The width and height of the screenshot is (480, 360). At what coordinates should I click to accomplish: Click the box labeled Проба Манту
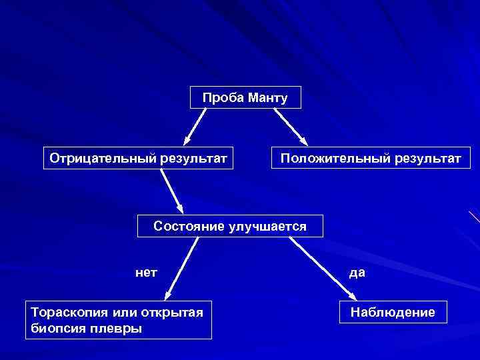245,98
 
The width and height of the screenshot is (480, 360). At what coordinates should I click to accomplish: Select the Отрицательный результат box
139,158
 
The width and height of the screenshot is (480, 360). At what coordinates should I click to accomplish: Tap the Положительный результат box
370,158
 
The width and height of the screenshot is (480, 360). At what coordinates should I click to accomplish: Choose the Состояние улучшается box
230,226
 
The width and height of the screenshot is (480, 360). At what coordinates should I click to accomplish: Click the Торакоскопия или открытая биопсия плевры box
119,319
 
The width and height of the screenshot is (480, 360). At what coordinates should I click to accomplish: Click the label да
357,273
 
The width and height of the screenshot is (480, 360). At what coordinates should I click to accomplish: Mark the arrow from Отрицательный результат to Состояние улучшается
172,192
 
